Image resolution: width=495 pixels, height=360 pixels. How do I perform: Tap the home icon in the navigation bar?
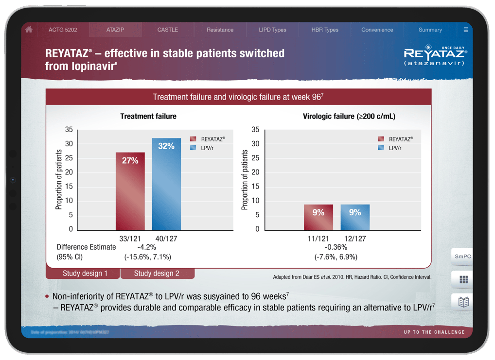click(29, 30)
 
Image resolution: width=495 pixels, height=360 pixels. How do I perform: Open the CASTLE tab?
click(168, 30)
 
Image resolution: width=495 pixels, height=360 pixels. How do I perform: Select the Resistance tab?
click(220, 30)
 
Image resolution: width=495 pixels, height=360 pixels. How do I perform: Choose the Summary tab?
click(430, 30)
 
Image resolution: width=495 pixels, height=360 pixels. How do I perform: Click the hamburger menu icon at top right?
click(466, 30)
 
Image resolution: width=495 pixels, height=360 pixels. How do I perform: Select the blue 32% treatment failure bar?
click(166, 184)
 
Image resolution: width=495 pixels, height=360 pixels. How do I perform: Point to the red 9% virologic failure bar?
click(318, 217)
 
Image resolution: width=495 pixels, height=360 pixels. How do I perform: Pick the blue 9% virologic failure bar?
click(355, 217)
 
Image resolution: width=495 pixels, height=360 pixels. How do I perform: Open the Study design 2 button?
click(157, 274)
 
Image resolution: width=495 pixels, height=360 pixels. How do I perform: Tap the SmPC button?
click(462, 257)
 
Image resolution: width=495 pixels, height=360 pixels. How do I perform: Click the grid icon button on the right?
click(463, 279)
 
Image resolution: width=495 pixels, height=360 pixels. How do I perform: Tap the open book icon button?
click(463, 302)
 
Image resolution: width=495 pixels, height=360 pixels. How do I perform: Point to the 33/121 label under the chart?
click(130, 239)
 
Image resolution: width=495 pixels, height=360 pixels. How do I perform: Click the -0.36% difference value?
click(336, 247)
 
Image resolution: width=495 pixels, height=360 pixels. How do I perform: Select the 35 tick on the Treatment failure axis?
click(69, 130)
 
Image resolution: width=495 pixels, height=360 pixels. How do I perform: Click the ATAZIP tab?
click(115, 30)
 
